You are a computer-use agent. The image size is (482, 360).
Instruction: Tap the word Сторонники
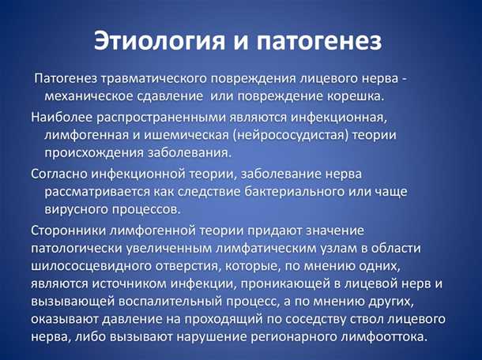pos(69,230)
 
